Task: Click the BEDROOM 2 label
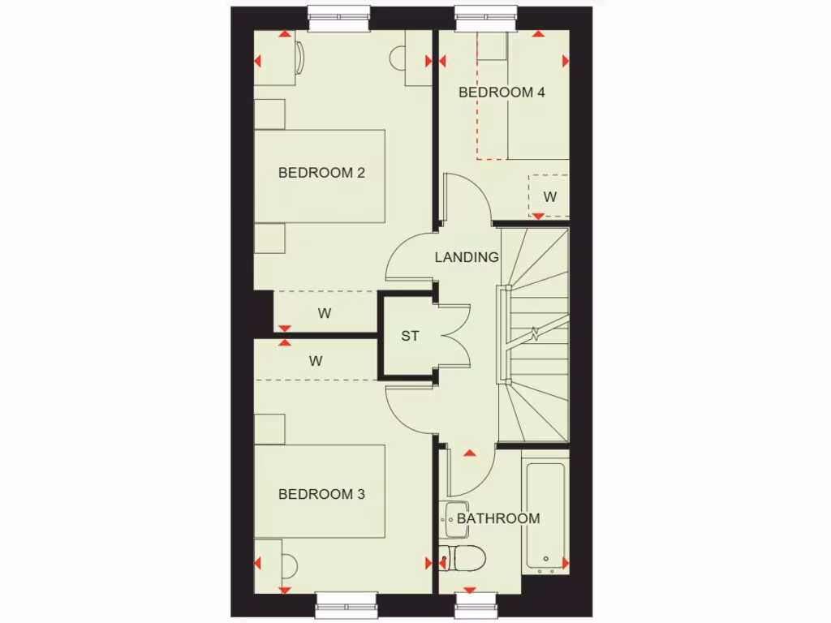click(x=321, y=173)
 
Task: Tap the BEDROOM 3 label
click(x=321, y=494)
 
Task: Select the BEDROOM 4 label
click(x=502, y=92)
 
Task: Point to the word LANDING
click(x=467, y=257)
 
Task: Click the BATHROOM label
click(x=497, y=518)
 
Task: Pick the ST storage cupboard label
click(x=410, y=336)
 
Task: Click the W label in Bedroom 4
click(x=550, y=196)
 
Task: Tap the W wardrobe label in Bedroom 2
click(x=325, y=312)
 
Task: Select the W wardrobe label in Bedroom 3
click(x=316, y=362)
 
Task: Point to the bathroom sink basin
click(x=451, y=518)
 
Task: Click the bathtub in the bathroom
click(x=546, y=515)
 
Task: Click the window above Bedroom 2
click(x=339, y=18)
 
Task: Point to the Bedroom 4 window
click(x=485, y=18)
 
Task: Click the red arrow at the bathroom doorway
click(x=469, y=452)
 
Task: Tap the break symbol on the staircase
click(x=535, y=332)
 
